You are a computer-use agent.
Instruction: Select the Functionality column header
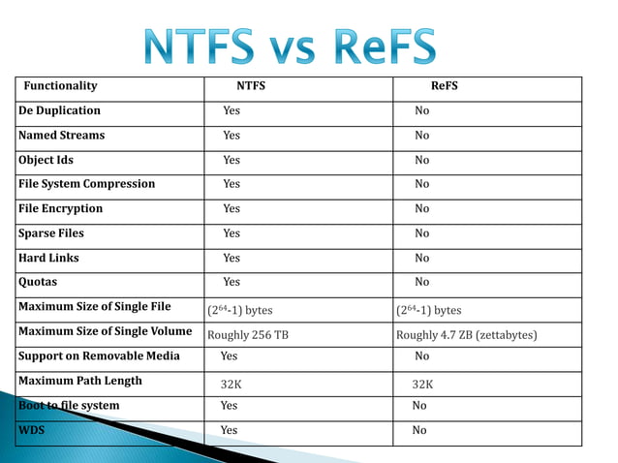coord(60,86)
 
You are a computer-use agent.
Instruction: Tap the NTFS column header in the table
coord(251,86)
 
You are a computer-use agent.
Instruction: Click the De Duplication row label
coord(60,110)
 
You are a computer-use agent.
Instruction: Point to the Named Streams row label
coord(62,136)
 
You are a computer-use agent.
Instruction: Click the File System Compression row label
coord(87,184)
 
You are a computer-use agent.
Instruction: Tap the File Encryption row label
coord(61,208)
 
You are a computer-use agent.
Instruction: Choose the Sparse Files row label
coord(51,233)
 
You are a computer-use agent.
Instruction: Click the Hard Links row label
coord(49,258)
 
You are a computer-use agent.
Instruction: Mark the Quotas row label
coord(39,282)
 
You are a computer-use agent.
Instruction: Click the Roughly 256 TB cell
coord(248,335)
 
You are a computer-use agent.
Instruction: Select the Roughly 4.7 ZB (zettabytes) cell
coord(467,335)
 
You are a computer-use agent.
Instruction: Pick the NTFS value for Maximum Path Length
coord(231,384)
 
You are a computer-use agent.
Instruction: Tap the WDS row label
coord(32,429)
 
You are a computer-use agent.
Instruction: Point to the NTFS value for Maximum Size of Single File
coord(240,310)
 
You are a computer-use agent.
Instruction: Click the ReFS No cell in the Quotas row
coord(421,282)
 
